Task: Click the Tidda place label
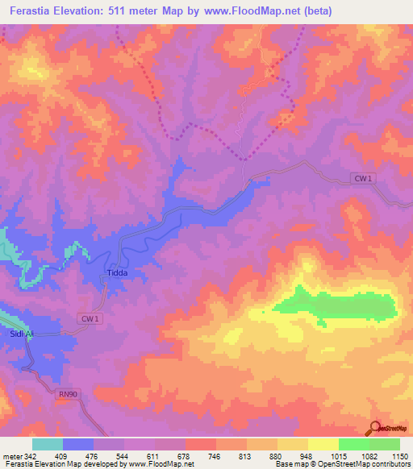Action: [118, 274]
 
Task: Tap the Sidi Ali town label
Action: [22, 334]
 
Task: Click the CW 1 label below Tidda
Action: [91, 319]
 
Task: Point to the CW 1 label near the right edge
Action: [363, 178]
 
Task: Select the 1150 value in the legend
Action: [399, 454]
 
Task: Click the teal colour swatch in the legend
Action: [48, 444]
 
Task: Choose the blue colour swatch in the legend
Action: [78, 444]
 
